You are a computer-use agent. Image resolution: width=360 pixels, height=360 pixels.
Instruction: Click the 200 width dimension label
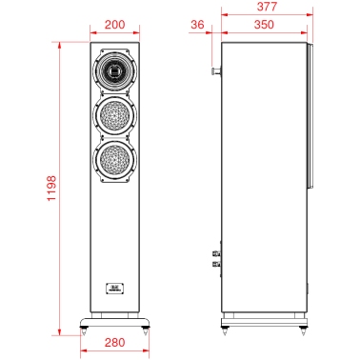[114, 25]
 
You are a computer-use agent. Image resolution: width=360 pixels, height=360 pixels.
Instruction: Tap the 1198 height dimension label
[51, 188]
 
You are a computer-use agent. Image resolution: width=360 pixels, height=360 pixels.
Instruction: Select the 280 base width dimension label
[114, 342]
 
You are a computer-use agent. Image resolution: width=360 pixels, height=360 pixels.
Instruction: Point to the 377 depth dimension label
[267, 7]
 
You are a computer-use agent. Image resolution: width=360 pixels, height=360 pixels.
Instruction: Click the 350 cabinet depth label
[264, 25]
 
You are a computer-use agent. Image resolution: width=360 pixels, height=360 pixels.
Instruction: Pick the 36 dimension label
[197, 25]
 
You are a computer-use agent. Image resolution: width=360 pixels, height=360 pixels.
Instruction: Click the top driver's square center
[114, 70]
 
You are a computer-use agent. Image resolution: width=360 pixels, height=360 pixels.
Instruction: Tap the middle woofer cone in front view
[114, 115]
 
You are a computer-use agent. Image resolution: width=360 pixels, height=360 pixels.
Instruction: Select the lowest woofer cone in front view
[114, 159]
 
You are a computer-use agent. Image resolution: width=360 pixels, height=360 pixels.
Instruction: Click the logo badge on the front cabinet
[114, 289]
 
